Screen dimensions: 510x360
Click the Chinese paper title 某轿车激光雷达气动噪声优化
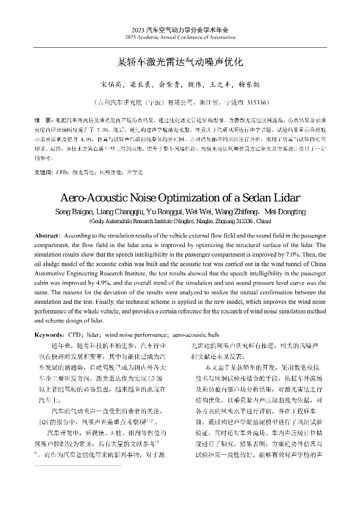click(180, 62)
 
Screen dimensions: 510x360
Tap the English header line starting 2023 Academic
click(180, 38)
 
